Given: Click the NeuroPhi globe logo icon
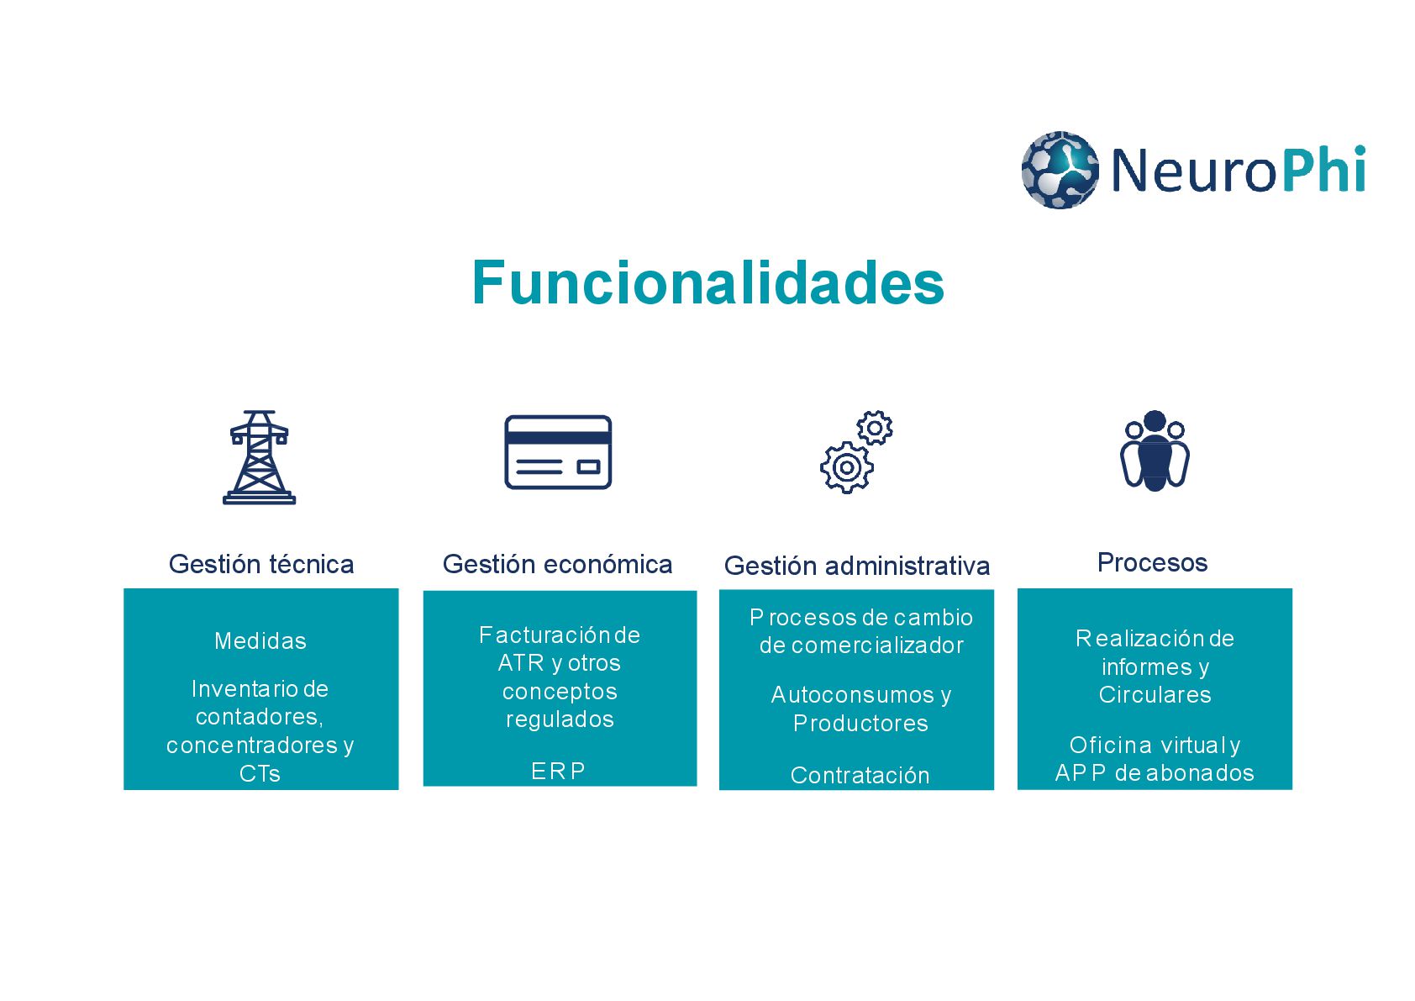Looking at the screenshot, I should coord(1060,170).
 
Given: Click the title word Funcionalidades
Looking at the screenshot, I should coord(707,282).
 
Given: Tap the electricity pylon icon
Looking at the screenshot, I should coord(260,457).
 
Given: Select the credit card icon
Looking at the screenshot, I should coord(558,452).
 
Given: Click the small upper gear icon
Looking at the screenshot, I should coord(875,428).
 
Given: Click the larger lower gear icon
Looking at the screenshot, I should coord(846,468).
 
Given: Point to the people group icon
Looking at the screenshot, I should coord(1155,451).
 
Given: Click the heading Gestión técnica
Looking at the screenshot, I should coord(261,564).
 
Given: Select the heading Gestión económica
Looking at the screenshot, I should coord(557,564).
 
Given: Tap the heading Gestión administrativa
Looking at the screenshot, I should coord(856,566).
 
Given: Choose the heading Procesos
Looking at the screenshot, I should coord(1152,562).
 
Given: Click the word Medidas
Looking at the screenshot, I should coord(260,641).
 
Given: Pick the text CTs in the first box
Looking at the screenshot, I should coord(260,773).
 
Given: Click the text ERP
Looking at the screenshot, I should coord(558,771).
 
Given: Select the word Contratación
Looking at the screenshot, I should coord(860,775).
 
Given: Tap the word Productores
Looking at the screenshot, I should coord(860,724).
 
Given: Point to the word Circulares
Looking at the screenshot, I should coord(1155,695).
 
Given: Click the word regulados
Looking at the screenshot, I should coord(560,719).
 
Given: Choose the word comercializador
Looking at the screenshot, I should coord(877,645).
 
